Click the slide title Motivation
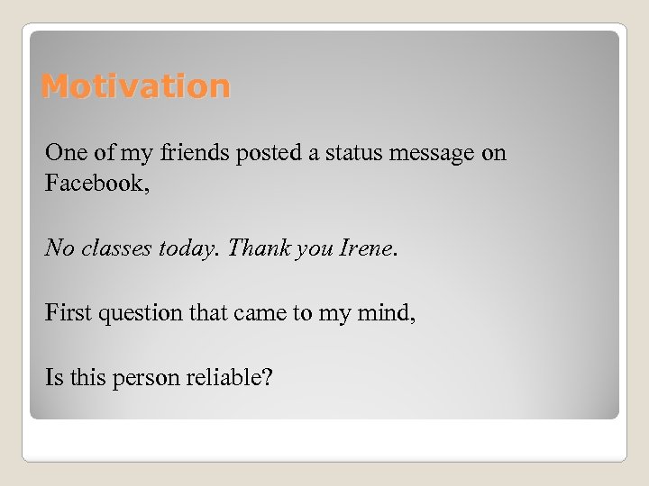point(136,86)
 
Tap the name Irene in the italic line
point(365,248)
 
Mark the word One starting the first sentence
point(64,153)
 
